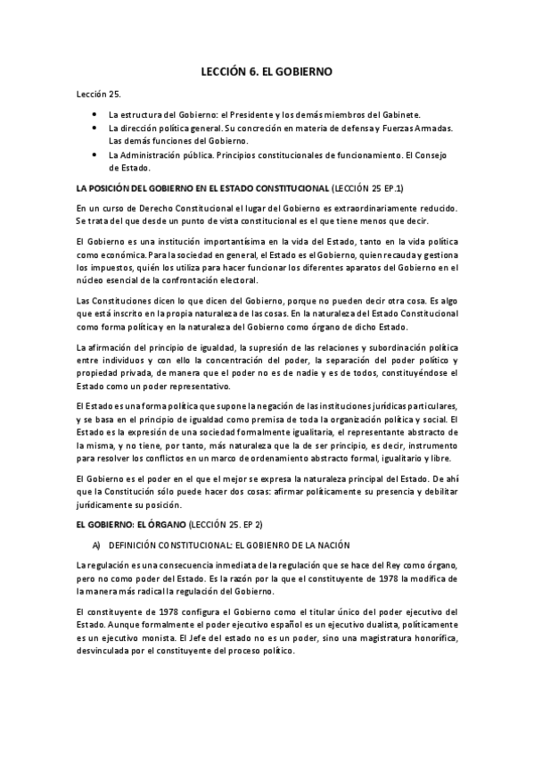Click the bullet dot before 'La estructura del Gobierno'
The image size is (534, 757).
pos(95,116)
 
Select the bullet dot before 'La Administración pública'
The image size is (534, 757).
pos(95,154)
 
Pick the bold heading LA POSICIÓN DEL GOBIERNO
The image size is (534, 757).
pos(201,188)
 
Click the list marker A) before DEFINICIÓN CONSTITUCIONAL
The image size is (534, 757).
pos(96,545)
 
